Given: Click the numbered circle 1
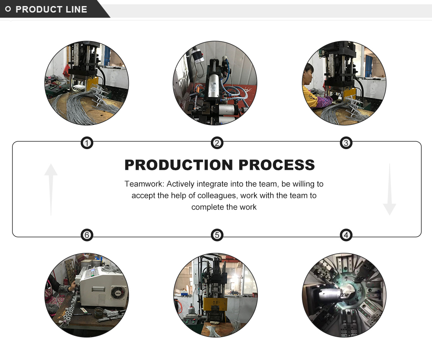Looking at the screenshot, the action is pyautogui.click(x=87, y=143).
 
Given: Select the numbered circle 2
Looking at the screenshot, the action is pyautogui.click(x=217, y=143).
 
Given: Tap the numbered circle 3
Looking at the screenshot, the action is pyautogui.click(x=346, y=143).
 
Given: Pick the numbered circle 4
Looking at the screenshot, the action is pyautogui.click(x=346, y=235).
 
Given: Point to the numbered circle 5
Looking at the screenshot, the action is pyautogui.click(x=217, y=235).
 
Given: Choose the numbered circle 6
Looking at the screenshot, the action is pyautogui.click(x=87, y=235).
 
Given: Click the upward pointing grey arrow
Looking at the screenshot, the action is pyautogui.click(x=51, y=189).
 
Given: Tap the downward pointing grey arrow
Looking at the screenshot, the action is pyautogui.click(x=390, y=189).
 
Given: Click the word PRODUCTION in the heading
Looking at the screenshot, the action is pyautogui.click(x=179, y=165).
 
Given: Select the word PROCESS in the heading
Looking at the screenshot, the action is pyautogui.click(x=276, y=165).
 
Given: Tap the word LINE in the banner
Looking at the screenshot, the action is pyautogui.click(x=76, y=10).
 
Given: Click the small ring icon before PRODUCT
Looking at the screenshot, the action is pyautogui.click(x=8, y=9).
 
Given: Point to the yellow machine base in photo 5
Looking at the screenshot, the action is pyautogui.click(x=215, y=309).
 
